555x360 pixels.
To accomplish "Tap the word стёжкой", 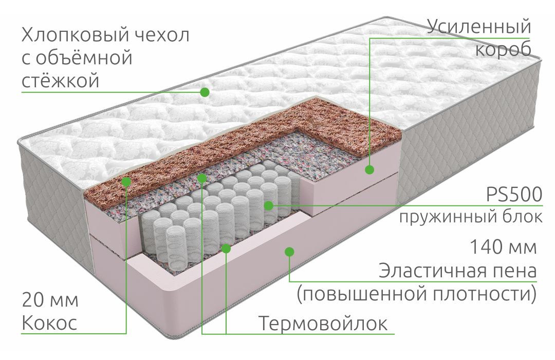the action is coord(61,80).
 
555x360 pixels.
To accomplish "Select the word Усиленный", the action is coord(479,27).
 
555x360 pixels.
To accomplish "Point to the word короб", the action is coord(503,49).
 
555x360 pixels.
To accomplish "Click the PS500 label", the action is coord(514,194).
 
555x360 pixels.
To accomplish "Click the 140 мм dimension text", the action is coord(503,247).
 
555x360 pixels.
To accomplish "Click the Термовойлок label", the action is coord(323,323).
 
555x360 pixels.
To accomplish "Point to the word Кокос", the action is coord(49,323).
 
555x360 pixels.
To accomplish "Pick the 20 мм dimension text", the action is coord(50,300).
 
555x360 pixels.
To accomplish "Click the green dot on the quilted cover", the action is coord(205,92).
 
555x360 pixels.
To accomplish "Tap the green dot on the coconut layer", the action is coord(126,182).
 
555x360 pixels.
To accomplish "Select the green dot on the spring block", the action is coord(268,205).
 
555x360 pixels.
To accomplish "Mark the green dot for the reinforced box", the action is coord(369,170).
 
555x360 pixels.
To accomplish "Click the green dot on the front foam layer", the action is coord(289,252).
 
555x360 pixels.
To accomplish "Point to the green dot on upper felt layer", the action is coord(202,178).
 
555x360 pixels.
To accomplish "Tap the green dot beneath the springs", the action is coord(226,249).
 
